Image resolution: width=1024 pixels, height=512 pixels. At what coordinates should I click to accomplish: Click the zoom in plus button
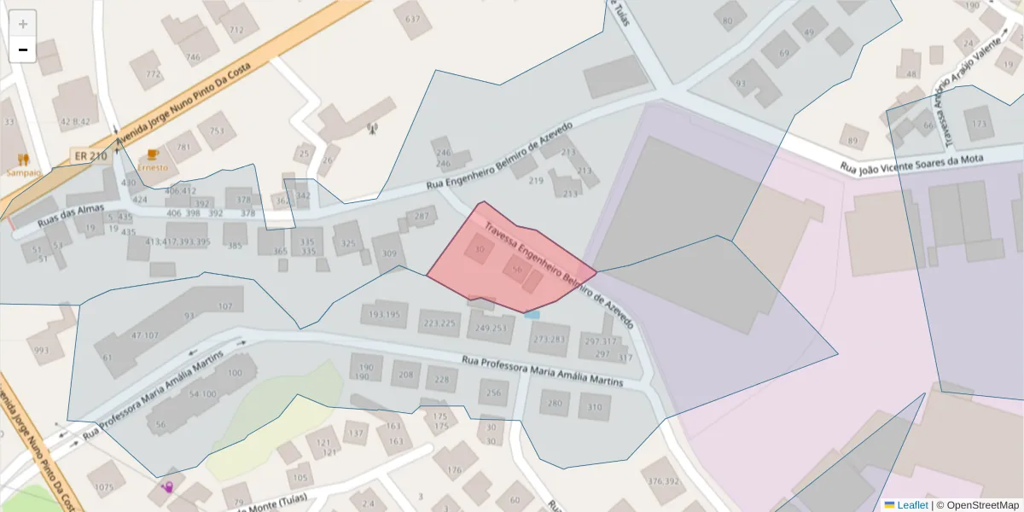point(23,24)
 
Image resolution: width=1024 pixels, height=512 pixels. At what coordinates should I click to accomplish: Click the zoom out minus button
point(23,49)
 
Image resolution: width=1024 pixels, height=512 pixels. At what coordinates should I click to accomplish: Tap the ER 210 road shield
point(90,156)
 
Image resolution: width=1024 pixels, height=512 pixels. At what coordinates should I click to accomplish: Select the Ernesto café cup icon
point(153,154)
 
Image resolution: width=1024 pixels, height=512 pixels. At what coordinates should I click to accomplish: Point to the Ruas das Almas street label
point(71,216)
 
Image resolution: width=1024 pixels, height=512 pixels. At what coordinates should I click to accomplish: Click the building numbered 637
point(413,20)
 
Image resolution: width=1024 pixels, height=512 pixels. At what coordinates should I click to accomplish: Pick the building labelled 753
point(217,131)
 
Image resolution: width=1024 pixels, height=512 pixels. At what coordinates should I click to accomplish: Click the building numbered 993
point(42,350)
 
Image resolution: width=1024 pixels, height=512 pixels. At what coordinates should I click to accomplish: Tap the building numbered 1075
point(104,487)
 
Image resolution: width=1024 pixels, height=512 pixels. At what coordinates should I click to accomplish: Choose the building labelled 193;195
point(384,315)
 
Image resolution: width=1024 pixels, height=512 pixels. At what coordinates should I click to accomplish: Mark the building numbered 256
point(494,393)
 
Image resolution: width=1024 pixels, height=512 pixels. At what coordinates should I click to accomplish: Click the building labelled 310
point(594,407)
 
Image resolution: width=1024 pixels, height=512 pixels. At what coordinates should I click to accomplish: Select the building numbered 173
point(979,125)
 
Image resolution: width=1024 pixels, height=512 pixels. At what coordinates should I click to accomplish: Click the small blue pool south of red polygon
point(532,314)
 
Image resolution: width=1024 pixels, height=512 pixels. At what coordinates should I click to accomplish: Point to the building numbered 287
point(421,217)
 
